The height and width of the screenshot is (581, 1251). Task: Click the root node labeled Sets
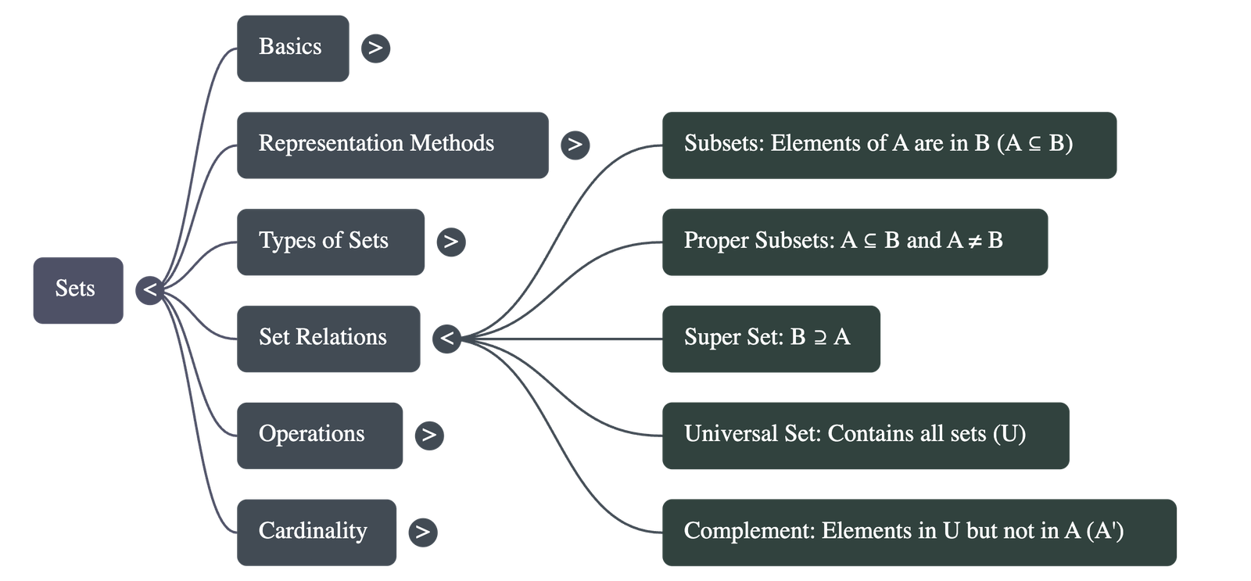pyautogui.click(x=77, y=289)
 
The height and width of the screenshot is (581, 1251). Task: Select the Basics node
pyautogui.click(x=292, y=48)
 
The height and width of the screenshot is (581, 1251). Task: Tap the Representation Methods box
pyautogui.click(x=392, y=145)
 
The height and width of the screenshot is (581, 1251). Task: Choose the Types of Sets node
pyautogui.click(x=331, y=242)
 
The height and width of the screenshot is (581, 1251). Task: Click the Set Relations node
pyautogui.click(x=328, y=338)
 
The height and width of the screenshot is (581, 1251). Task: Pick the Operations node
pyautogui.click(x=320, y=435)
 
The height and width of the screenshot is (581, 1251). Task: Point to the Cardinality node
pyautogui.click(x=317, y=532)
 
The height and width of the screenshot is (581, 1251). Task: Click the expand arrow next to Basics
pyautogui.click(x=375, y=48)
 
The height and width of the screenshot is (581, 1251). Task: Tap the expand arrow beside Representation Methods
pyautogui.click(x=575, y=145)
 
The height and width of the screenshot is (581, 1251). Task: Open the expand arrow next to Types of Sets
pyautogui.click(x=450, y=242)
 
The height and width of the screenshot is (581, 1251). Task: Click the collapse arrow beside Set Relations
pyautogui.click(x=446, y=339)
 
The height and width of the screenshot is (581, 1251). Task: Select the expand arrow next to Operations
pyautogui.click(x=428, y=435)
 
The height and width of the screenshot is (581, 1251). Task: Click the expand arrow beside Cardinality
pyautogui.click(x=422, y=532)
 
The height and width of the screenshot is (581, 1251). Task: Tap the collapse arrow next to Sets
pyautogui.click(x=150, y=290)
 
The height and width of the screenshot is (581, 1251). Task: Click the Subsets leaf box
pyautogui.click(x=889, y=145)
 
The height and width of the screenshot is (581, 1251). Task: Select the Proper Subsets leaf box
pyautogui.click(x=855, y=242)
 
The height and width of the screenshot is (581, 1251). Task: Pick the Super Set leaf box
pyautogui.click(x=770, y=338)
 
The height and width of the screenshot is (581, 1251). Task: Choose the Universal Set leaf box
pyautogui.click(x=865, y=435)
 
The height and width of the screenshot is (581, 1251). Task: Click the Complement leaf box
pyautogui.click(x=919, y=532)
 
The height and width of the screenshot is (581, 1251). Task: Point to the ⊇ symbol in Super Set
pyautogui.click(x=819, y=338)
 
